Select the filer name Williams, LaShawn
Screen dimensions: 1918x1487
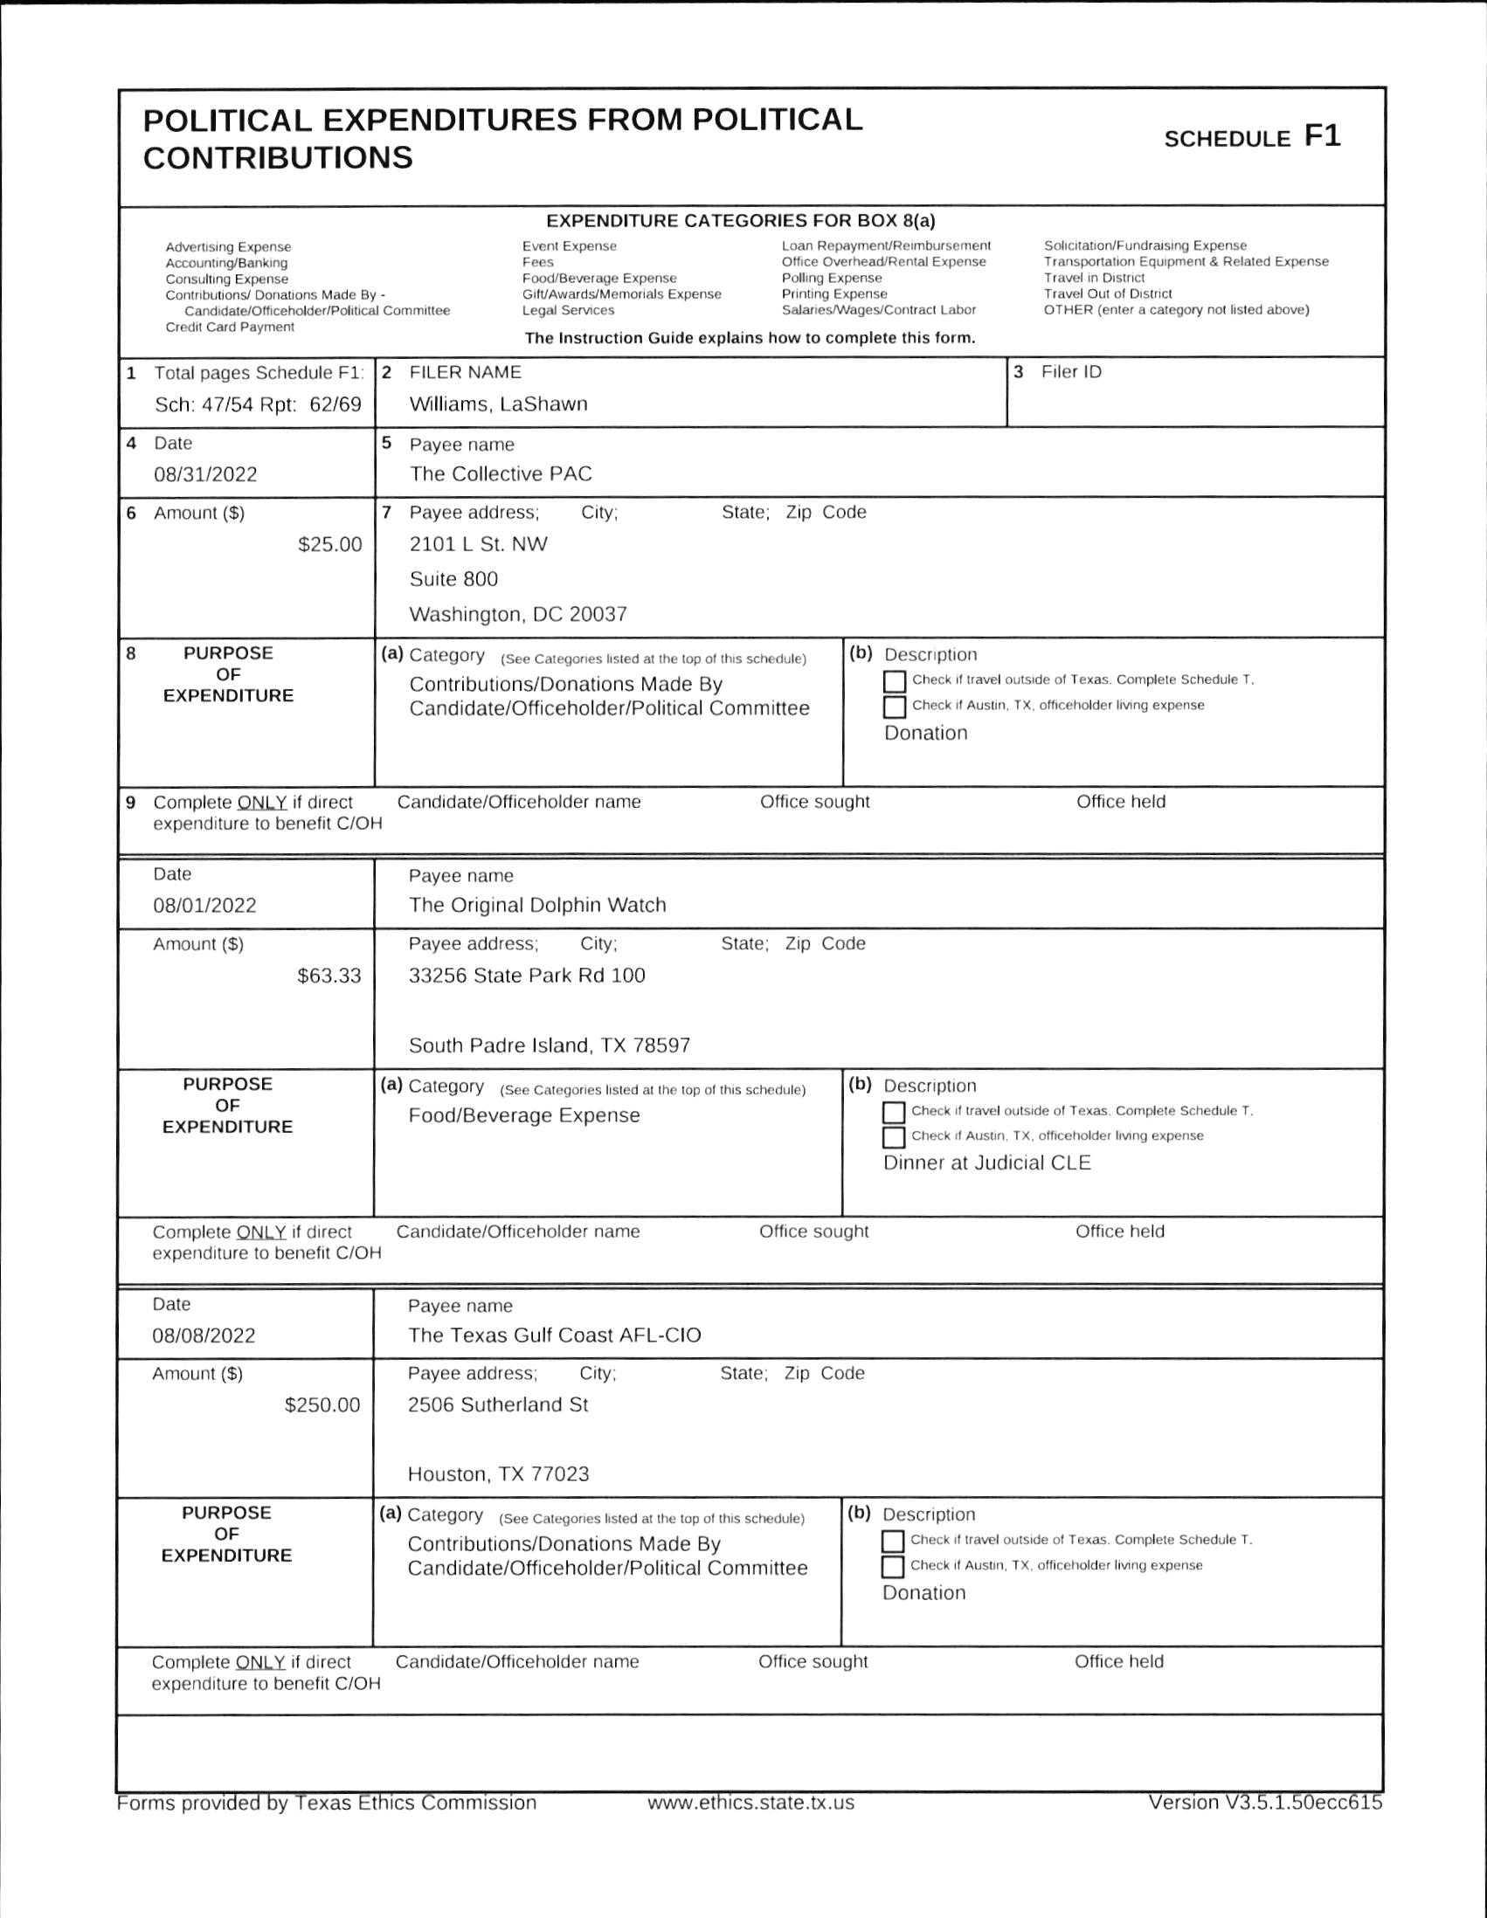[498, 405]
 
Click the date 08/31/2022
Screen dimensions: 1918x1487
[205, 475]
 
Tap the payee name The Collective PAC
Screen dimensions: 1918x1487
[501, 474]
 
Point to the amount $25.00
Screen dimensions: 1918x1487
[329, 544]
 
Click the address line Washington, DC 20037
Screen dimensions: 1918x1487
[518, 615]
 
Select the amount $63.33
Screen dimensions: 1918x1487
[329, 976]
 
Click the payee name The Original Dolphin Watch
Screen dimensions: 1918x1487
[537, 906]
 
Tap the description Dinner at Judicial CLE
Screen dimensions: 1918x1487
[986, 1163]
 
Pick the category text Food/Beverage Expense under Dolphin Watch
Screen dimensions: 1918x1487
[524, 1115]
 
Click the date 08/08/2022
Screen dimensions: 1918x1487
[204, 1335]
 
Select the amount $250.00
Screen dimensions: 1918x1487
[322, 1405]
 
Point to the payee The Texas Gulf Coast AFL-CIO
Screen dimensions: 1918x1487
[554, 1335]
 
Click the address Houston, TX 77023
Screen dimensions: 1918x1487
[498, 1474]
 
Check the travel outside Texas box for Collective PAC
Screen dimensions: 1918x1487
[894, 681]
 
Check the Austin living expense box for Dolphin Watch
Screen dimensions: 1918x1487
[893, 1137]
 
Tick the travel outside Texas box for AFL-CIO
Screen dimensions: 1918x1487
[892, 1542]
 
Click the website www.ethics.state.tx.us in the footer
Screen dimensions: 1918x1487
[750, 1803]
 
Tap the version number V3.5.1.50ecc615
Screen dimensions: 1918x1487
[1265, 1803]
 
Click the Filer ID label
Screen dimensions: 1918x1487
[1070, 372]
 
